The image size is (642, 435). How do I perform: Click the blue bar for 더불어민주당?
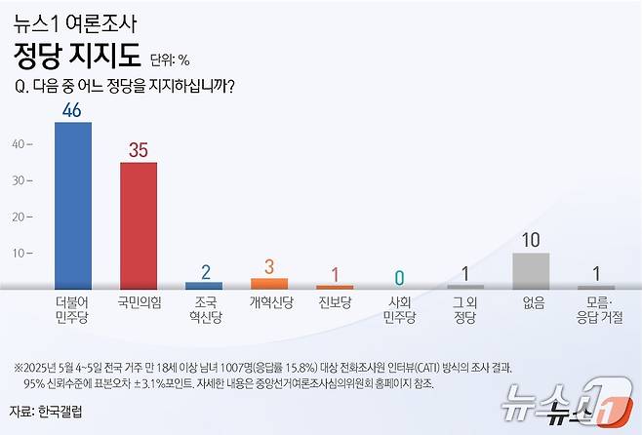72,205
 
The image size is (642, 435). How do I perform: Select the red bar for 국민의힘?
139,225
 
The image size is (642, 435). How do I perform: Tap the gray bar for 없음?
531,270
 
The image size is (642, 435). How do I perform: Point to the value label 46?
72,110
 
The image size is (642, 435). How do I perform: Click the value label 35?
139,150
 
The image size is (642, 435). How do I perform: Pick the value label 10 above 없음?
531,240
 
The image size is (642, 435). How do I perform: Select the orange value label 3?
269,265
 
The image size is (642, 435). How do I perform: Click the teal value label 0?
400,277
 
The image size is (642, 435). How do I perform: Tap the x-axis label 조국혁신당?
204,310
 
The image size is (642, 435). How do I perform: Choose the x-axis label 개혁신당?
269,303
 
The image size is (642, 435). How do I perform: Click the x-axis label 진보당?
335,303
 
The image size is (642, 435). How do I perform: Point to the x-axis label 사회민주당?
400,310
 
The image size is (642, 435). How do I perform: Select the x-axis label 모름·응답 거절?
596,310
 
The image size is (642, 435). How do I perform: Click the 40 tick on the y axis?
18,144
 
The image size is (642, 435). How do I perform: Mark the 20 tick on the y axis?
18,217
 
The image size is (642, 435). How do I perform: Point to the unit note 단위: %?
170,59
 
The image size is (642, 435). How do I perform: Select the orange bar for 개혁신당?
269,284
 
